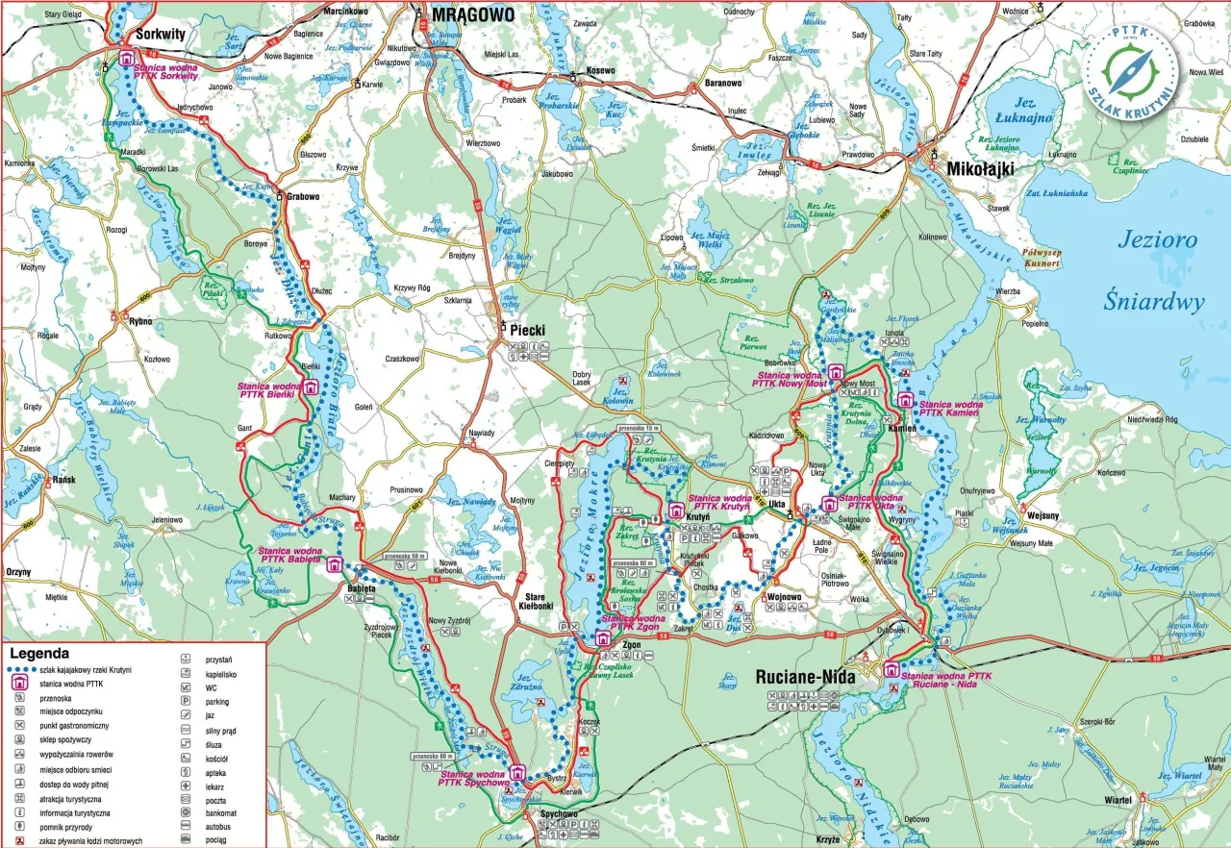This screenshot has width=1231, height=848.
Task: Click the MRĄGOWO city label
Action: tap(472, 14)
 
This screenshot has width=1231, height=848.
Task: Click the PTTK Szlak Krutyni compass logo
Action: tap(1130, 69)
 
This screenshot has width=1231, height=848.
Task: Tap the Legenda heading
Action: tap(38, 653)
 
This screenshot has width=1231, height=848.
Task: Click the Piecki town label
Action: tap(528, 330)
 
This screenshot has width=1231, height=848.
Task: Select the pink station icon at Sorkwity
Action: tap(126, 59)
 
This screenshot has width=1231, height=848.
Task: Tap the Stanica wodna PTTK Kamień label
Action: tap(951, 410)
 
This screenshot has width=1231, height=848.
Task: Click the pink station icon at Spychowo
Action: tap(517, 771)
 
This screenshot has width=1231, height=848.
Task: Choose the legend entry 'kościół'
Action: tap(217, 758)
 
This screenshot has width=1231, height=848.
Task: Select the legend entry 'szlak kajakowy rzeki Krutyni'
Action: tap(86, 669)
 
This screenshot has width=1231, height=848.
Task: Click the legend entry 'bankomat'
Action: tap(222, 811)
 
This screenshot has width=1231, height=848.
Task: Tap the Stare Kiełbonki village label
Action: tap(536, 601)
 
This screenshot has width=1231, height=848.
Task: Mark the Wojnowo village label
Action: tap(784, 597)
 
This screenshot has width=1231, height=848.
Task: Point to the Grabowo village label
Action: tap(303, 196)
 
